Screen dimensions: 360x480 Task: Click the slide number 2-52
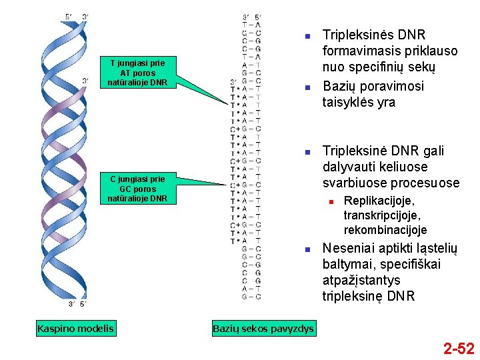click(459, 348)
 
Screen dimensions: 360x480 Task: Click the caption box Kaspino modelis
click(75, 328)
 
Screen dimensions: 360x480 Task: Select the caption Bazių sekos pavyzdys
click(263, 328)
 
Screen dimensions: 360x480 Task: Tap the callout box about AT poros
click(137, 73)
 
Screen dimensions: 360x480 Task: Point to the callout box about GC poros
click(137, 189)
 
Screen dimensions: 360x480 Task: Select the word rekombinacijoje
click(385, 230)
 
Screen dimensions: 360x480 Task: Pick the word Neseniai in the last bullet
click(348, 249)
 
